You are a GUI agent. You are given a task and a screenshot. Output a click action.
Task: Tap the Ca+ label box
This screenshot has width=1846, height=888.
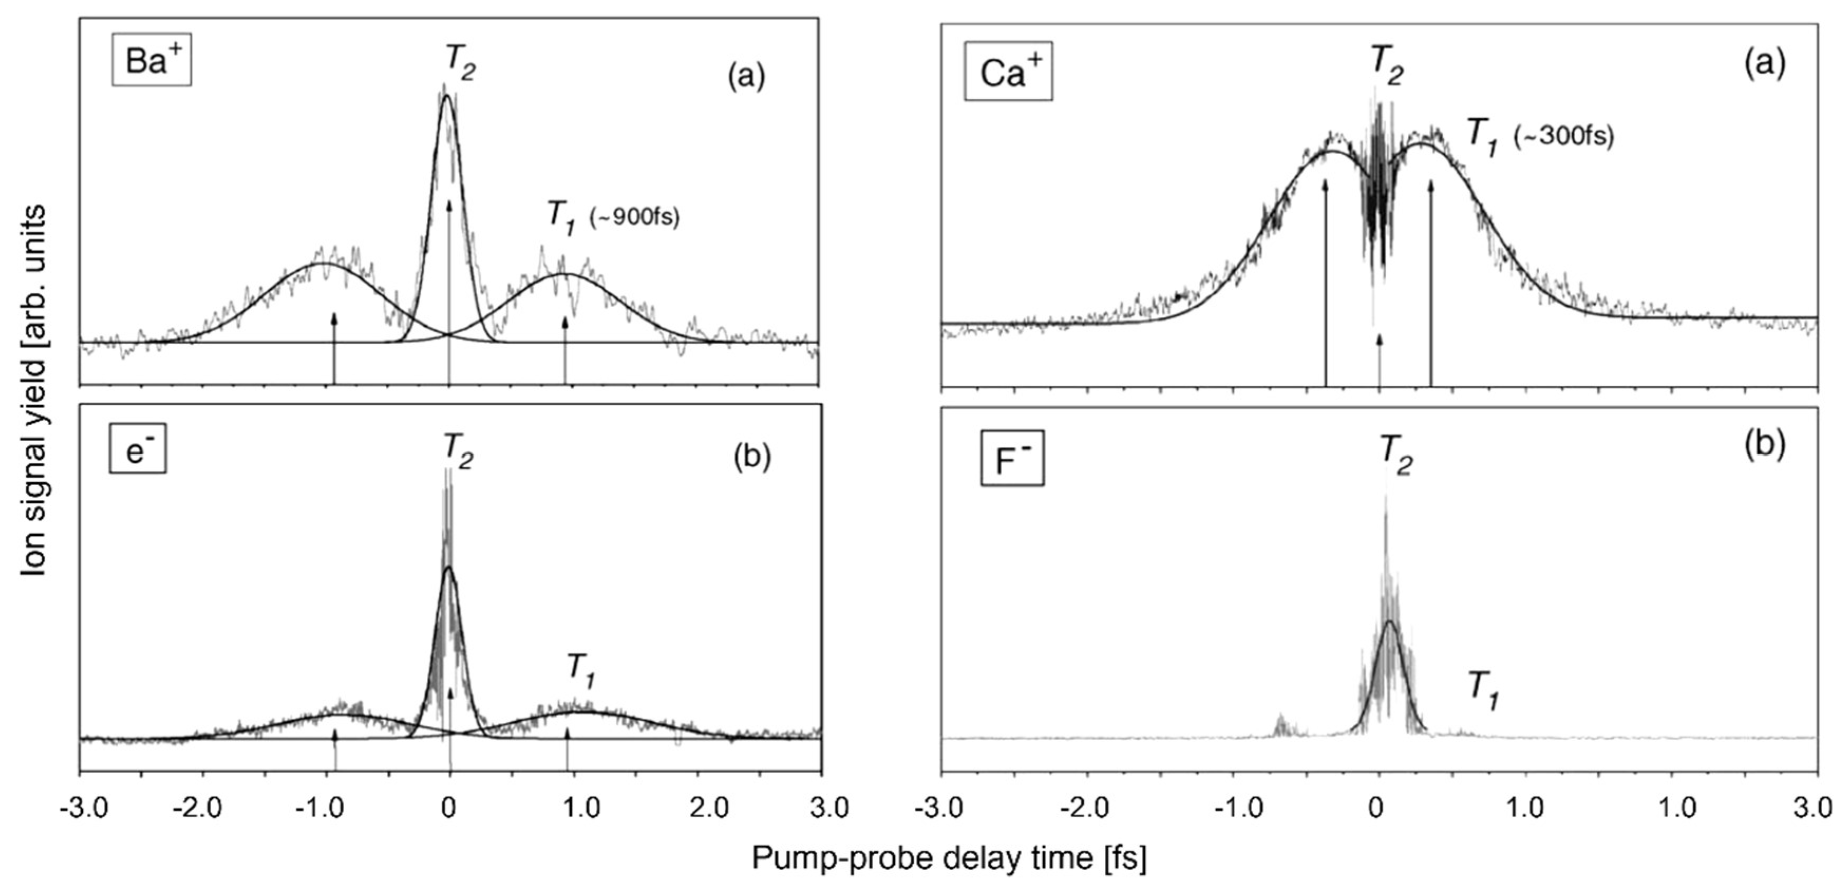[x=1008, y=71]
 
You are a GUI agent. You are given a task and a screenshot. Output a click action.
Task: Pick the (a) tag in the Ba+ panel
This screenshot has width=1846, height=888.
[x=746, y=75]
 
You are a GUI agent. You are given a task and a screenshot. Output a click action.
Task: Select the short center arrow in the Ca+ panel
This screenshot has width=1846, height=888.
[x=1379, y=358]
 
